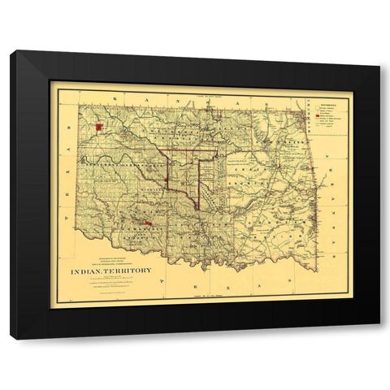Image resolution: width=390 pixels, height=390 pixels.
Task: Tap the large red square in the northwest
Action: (99, 128)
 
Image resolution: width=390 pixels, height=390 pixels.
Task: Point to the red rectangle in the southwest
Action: (148, 223)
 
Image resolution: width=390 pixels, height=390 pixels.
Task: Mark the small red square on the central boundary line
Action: (166, 180)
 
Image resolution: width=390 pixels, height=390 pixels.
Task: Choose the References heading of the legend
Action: (321, 104)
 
